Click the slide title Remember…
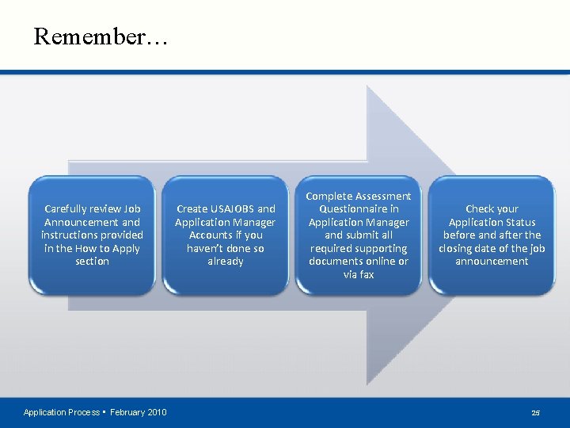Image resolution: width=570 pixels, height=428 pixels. [x=101, y=36]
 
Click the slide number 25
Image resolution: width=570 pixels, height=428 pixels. [x=536, y=412]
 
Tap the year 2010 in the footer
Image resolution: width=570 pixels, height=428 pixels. [x=154, y=412]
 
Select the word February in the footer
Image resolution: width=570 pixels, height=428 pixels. [x=127, y=412]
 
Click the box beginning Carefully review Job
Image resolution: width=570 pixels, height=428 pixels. [x=92, y=235]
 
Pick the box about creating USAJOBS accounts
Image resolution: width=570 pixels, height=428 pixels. [x=226, y=235]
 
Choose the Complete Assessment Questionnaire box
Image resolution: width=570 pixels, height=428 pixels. [x=359, y=235]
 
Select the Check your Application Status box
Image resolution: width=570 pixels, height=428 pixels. [x=492, y=235]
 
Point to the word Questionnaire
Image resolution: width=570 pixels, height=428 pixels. [x=359, y=209]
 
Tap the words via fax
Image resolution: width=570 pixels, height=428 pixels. [x=359, y=275]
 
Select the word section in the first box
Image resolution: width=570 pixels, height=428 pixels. [x=92, y=262]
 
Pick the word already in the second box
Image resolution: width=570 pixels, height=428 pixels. [x=226, y=262]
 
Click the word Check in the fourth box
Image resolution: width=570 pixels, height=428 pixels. [x=481, y=209]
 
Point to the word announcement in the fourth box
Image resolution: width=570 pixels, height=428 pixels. [x=492, y=262]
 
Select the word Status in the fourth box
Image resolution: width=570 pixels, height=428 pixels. [x=519, y=223]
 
